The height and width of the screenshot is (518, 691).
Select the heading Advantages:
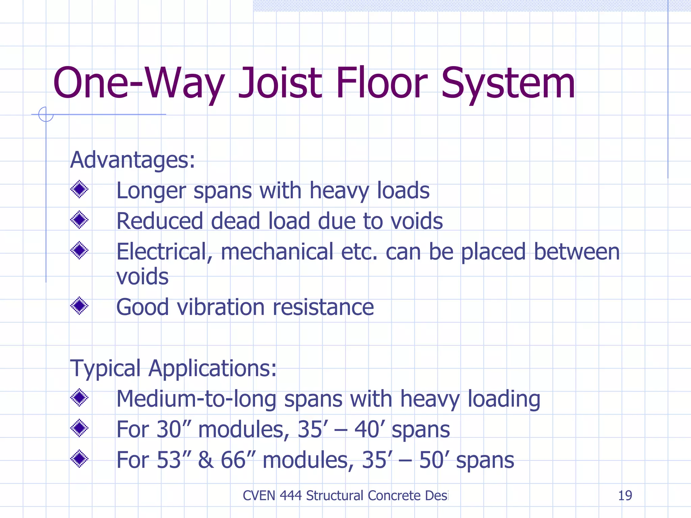coord(132,160)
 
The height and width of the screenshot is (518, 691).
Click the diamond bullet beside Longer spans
coord(79,189)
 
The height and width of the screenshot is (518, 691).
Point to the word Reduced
coord(160,221)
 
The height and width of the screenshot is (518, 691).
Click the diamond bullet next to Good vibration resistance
coord(79,306)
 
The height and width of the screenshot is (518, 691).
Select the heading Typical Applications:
coord(173,368)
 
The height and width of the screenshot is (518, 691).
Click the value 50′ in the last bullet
coord(434,460)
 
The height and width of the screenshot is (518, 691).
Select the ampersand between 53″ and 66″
coord(205,460)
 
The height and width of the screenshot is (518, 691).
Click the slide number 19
coord(625,495)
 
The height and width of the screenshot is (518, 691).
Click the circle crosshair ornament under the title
coord(46,114)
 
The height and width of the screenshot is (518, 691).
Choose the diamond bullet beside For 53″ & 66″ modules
coord(79,459)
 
